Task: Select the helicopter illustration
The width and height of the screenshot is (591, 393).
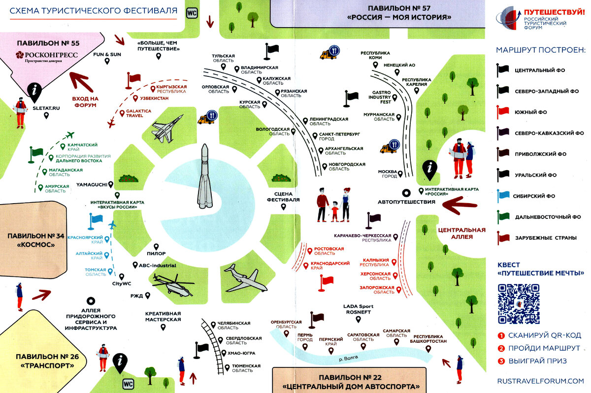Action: (172, 285)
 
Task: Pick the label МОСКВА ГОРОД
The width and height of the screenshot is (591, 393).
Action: (388, 174)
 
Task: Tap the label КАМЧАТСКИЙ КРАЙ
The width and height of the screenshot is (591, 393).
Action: (82, 146)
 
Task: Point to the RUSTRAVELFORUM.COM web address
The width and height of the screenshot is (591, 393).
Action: (540, 381)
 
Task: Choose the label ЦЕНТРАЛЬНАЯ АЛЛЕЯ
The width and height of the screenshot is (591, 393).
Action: (461, 233)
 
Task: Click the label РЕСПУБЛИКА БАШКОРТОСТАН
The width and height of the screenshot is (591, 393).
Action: (428, 339)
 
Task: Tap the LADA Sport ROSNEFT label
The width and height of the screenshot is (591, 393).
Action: (358, 309)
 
